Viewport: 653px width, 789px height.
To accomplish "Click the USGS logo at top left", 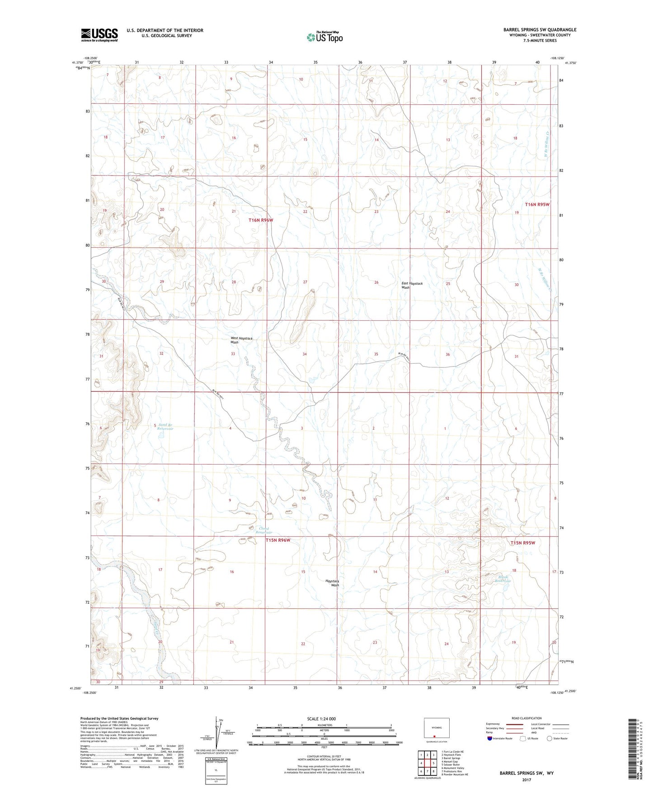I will pyautogui.click(x=99, y=35).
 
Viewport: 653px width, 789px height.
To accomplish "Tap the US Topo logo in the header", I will pyautogui.click(x=324, y=37).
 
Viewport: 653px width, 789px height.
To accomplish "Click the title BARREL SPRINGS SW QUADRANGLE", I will pyautogui.click(x=540, y=30).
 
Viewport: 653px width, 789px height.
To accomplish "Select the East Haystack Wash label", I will pyautogui.click(x=412, y=285).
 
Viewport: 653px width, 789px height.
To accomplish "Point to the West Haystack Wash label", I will pyautogui.click(x=241, y=340).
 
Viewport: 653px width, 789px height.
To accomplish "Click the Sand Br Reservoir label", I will pyautogui.click(x=165, y=427).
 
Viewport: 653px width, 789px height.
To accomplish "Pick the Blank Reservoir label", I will pyautogui.click(x=503, y=578).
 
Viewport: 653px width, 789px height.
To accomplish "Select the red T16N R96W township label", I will pyautogui.click(x=261, y=220).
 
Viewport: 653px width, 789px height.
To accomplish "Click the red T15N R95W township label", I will pyautogui.click(x=522, y=543).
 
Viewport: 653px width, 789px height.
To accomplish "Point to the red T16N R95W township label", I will pyautogui.click(x=537, y=204).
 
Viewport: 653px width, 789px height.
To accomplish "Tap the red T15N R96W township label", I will pyautogui.click(x=277, y=540).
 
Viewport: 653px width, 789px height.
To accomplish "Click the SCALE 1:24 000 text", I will pyautogui.click(x=321, y=719).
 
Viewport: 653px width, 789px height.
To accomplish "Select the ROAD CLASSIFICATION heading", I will pyautogui.click(x=527, y=718).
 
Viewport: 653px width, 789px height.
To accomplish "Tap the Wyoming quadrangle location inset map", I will pyautogui.click(x=436, y=730).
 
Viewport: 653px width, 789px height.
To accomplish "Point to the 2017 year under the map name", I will pyautogui.click(x=526, y=780).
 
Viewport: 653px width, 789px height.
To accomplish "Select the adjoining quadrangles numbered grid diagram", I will pyautogui.click(x=428, y=764).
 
